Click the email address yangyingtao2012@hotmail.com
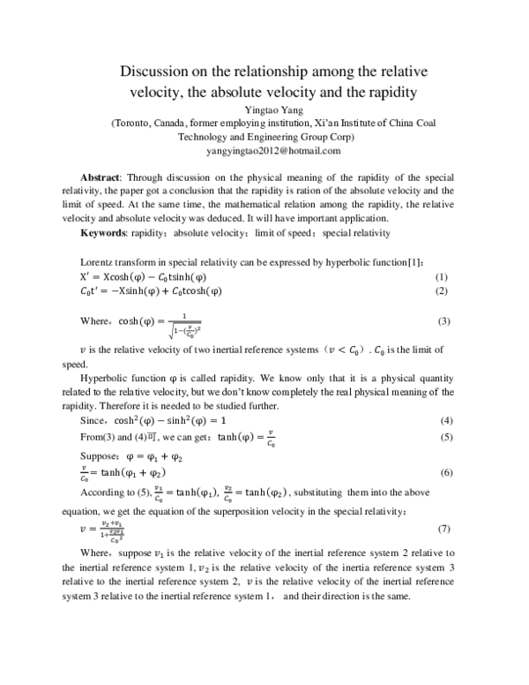coord(265,151)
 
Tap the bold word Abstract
coord(101,177)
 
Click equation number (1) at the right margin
coord(443,276)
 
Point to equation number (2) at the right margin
coord(443,290)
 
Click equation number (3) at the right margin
coord(443,321)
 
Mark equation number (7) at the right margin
coord(443,527)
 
